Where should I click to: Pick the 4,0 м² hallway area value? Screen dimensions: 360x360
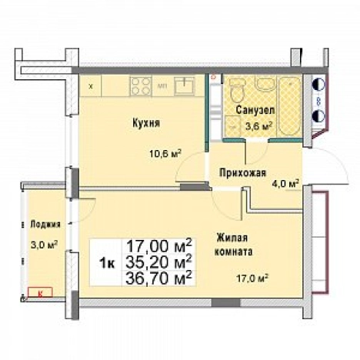point(285,182)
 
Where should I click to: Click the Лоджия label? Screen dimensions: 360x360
point(45,225)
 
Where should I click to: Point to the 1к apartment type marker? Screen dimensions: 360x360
point(108,262)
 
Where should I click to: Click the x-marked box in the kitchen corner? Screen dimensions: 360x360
point(91,85)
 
